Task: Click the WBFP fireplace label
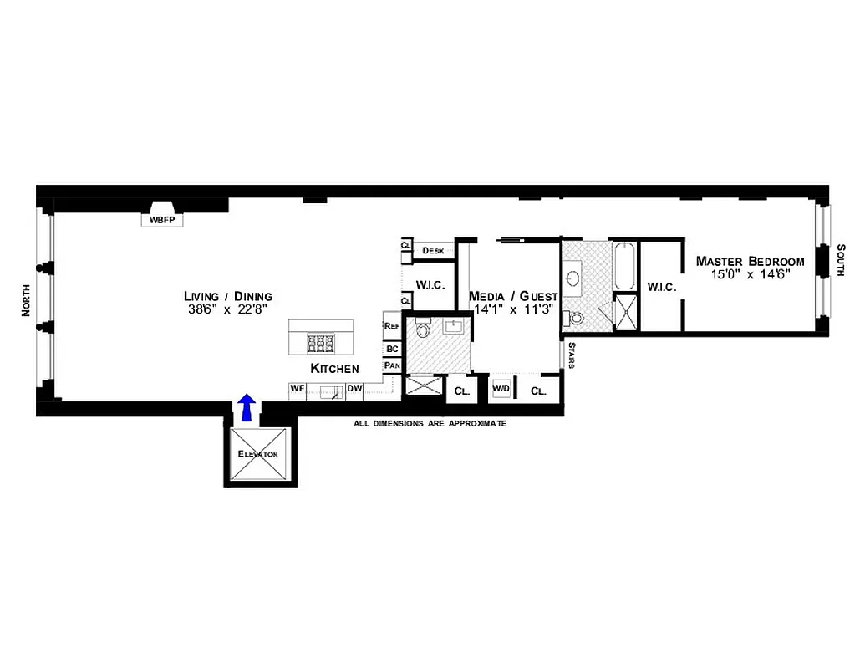[161, 221]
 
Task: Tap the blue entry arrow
[247, 407]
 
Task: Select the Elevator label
[257, 454]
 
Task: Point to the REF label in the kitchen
[391, 325]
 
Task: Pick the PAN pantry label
[391, 365]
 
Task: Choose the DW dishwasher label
[354, 388]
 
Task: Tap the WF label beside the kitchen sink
[297, 388]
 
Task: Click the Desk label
[433, 250]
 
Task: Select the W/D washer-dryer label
[501, 389]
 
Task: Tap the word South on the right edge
[842, 262]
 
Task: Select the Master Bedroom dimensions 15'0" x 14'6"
[750, 273]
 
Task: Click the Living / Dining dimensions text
[228, 308]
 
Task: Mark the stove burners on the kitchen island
[321, 341]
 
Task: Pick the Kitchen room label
[334, 369]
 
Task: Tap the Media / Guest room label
[513, 296]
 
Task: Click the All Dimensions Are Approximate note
[430, 424]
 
